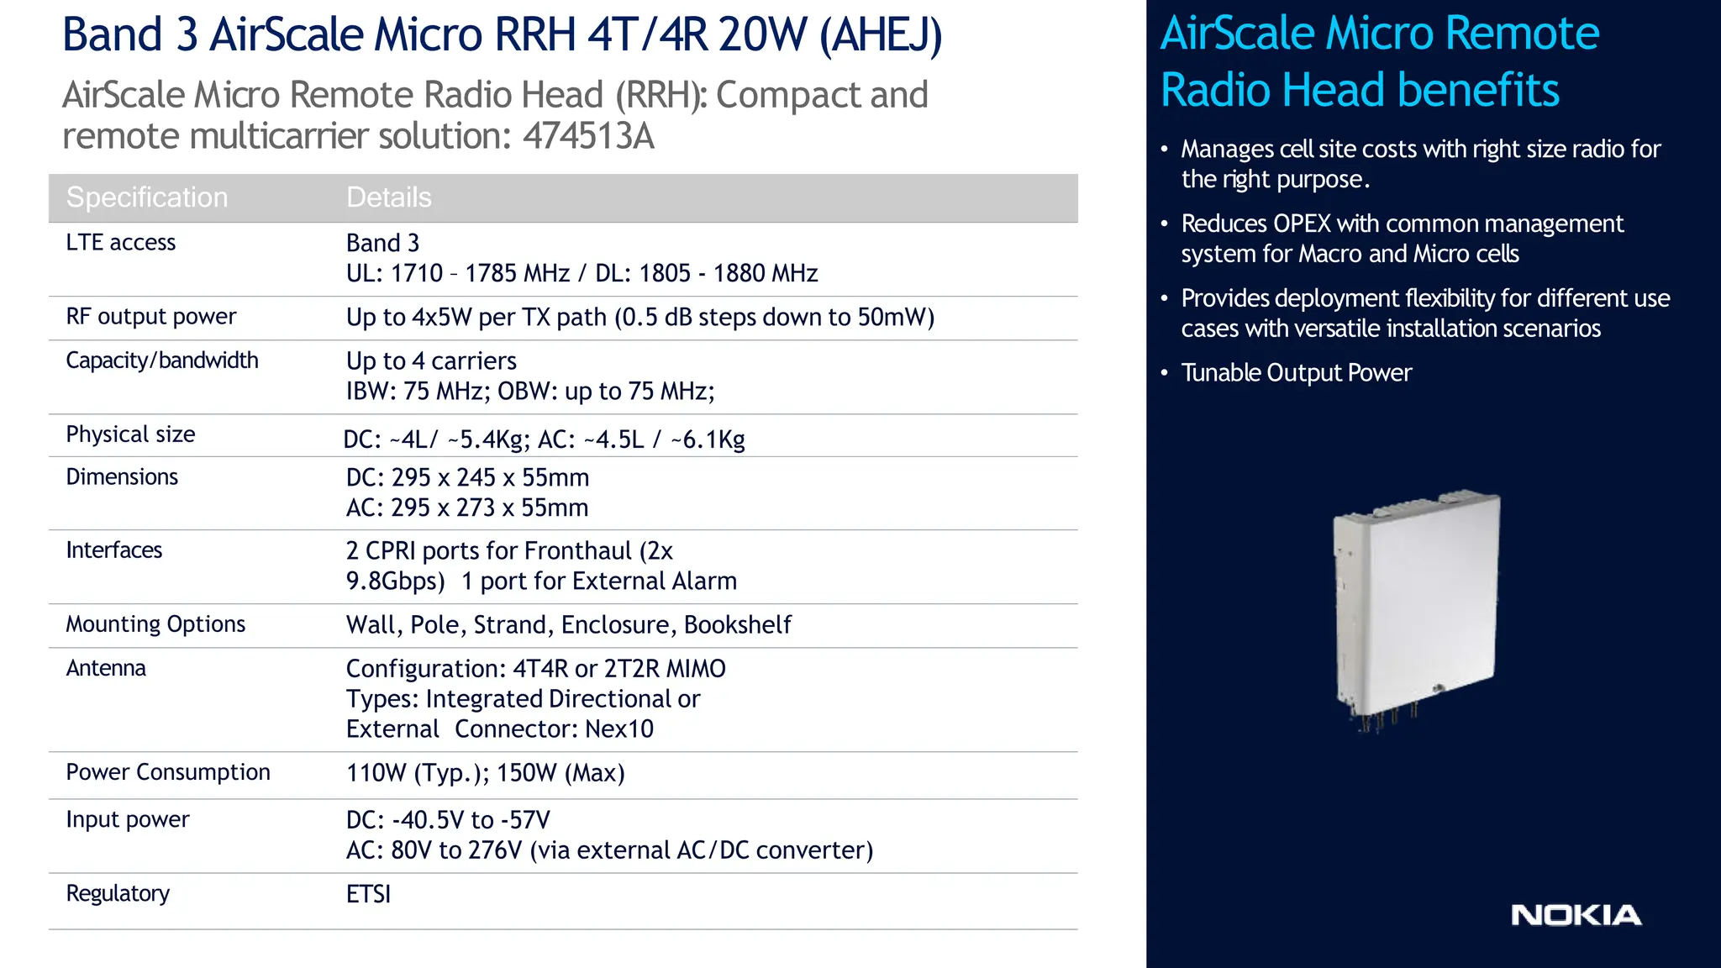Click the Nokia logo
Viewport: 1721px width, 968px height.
click(1576, 915)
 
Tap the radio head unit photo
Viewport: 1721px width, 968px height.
click(1417, 608)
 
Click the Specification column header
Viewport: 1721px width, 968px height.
click(147, 197)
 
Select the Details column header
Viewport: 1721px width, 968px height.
click(389, 197)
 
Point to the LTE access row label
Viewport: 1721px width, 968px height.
click(121, 243)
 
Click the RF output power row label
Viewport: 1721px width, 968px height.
click(151, 317)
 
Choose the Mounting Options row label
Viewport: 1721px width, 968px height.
click(155, 624)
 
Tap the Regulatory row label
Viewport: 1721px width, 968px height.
click(118, 893)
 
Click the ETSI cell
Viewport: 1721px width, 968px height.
click(369, 894)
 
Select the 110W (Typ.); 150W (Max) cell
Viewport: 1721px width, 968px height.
click(486, 773)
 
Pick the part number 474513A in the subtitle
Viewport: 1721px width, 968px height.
click(588, 137)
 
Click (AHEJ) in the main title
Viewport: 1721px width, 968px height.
click(881, 35)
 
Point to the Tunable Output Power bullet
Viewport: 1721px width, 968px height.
click(1296, 373)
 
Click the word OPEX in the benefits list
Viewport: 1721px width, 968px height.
click(1302, 224)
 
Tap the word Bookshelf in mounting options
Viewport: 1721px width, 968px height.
click(738, 625)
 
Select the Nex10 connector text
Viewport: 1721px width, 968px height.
click(619, 729)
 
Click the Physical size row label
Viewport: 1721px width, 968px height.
click(130, 434)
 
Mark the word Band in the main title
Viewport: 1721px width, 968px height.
click(113, 35)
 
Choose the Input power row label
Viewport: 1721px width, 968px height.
click(128, 819)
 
